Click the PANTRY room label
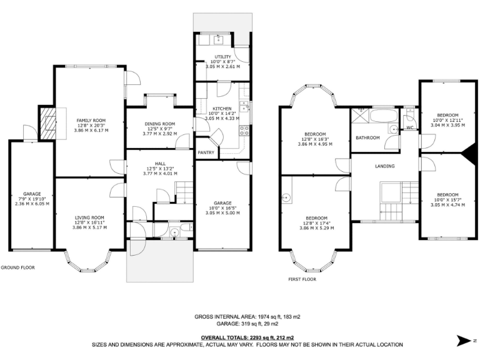tap(206, 152)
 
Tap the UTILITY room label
tap(223, 57)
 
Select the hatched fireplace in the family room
tap(49, 122)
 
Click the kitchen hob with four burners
tap(244, 131)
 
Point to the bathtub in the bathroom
tap(384, 116)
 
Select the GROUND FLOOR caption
tap(17, 267)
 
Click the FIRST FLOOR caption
tap(302, 279)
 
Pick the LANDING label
tap(385, 166)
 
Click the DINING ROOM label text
tap(160, 124)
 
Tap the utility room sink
tap(218, 39)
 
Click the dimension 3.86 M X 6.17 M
tap(91, 131)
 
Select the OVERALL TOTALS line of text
tap(247, 338)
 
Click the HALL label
tap(160, 164)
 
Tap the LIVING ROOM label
tap(89, 218)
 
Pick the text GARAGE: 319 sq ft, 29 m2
tap(247, 324)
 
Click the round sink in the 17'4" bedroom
tap(287, 197)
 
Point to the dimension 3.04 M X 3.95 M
tap(447, 125)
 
